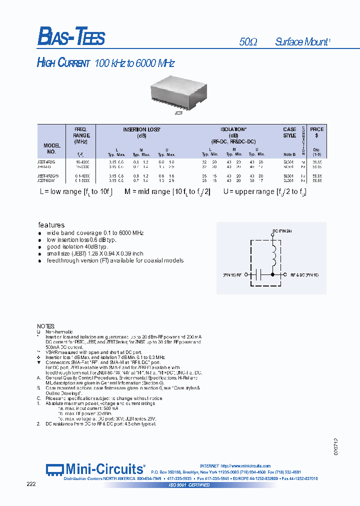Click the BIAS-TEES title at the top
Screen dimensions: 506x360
(71, 37)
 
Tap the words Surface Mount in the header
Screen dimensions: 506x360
(302, 42)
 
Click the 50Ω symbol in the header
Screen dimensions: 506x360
(248, 42)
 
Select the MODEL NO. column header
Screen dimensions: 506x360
(51, 148)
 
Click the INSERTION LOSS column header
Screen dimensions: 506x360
(141, 132)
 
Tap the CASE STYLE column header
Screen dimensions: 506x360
(289, 132)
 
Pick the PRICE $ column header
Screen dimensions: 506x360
(316, 132)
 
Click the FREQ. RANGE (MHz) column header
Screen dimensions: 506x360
(81, 135)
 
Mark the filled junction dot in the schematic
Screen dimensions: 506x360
(273, 274)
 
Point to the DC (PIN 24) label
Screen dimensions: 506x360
(281, 230)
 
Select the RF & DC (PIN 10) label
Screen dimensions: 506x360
(304, 274)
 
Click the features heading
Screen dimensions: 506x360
(51, 225)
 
